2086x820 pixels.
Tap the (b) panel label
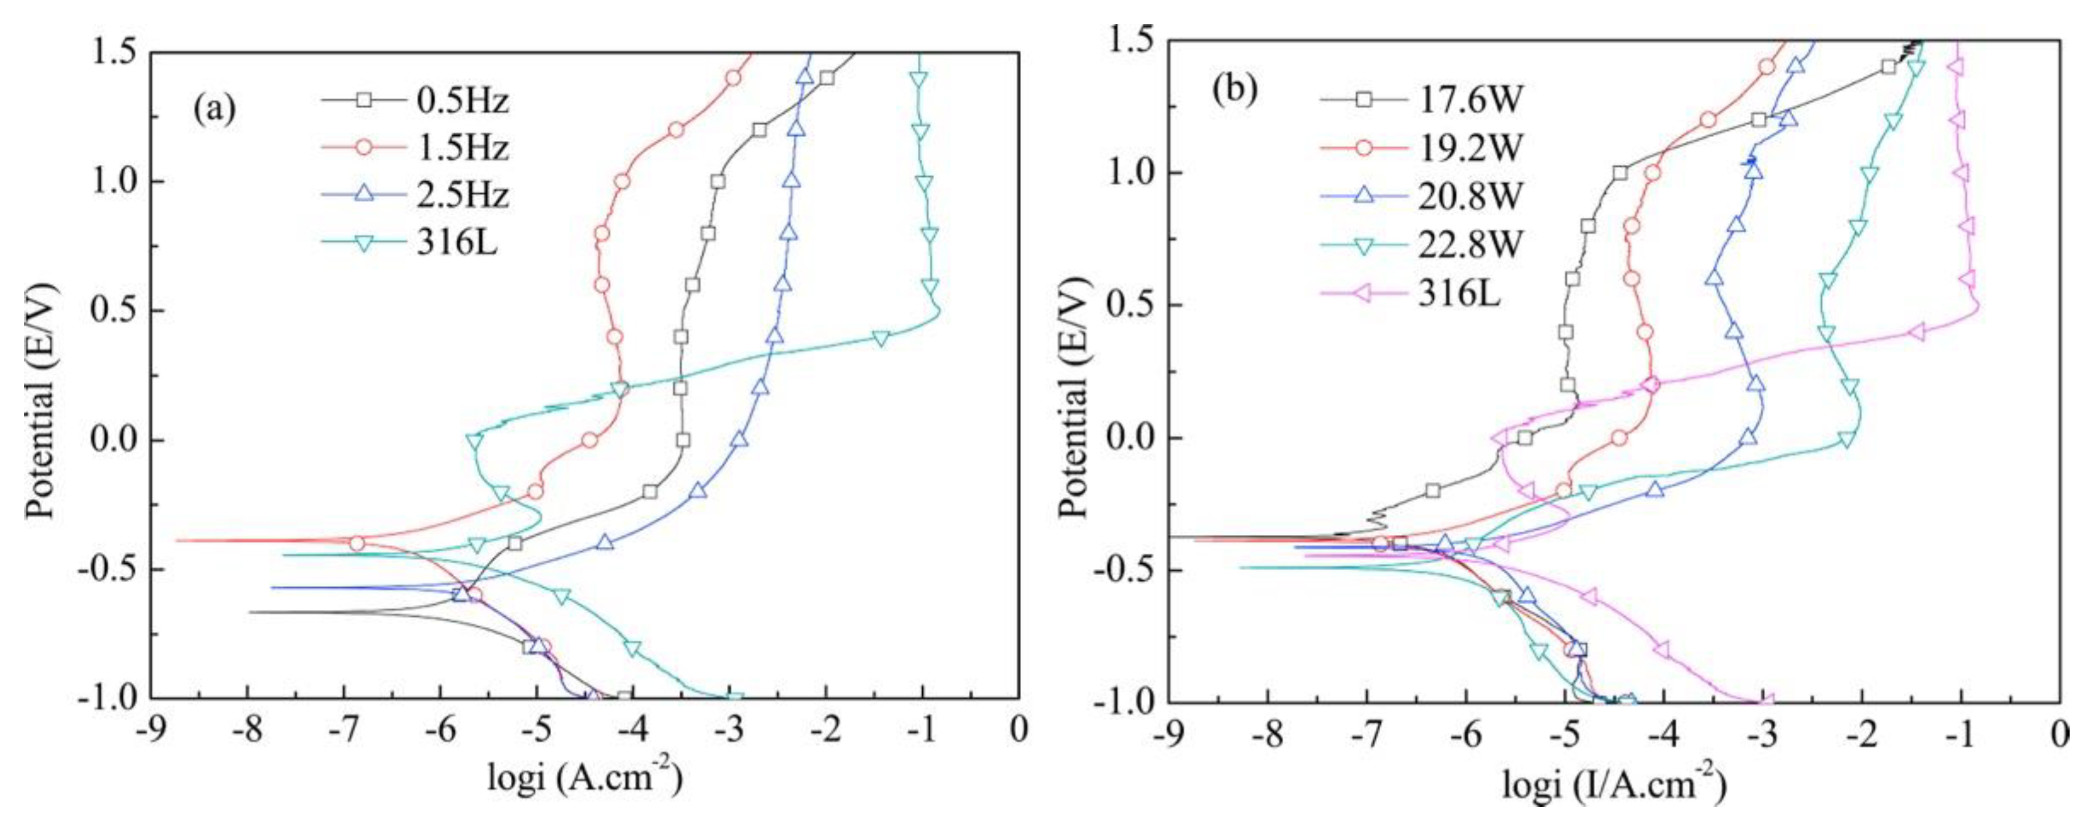1234,91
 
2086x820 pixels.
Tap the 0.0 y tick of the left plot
110,441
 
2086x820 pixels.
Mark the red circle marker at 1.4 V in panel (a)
733,78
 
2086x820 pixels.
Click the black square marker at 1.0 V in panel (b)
1590,172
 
